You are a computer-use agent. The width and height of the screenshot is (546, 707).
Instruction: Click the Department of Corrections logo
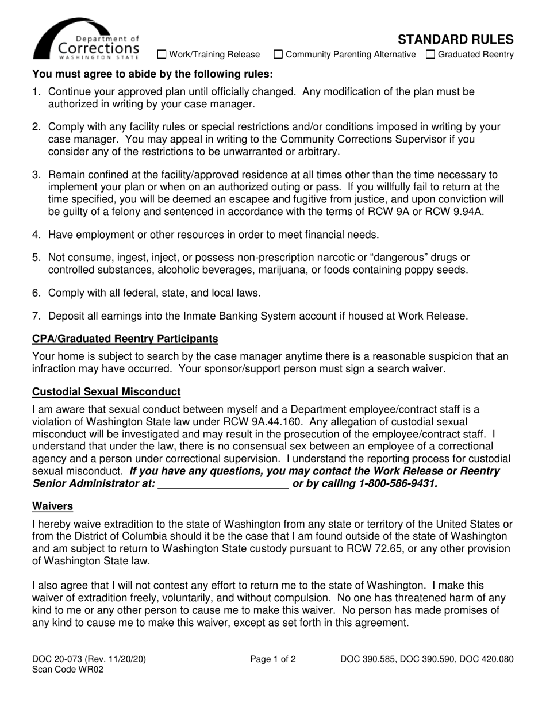point(86,39)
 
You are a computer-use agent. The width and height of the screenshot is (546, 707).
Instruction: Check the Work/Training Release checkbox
point(162,55)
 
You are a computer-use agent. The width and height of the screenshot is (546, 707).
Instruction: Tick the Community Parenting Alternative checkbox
point(278,55)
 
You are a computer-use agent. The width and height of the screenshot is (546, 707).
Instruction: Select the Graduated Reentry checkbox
point(430,55)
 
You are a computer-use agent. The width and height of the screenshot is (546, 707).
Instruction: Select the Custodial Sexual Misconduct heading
point(106,392)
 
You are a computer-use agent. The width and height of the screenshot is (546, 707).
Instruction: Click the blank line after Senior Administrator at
point(223,484)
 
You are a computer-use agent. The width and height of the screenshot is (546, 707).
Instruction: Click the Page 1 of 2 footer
point(273,660)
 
